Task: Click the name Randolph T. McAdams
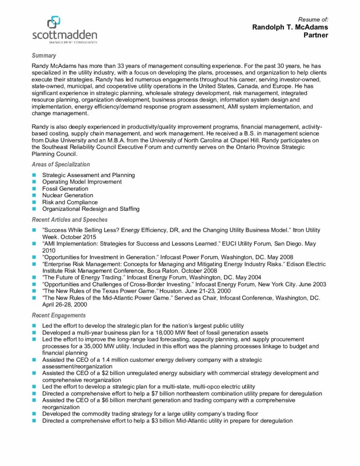tap(290, 27)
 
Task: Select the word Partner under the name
tap(315, 35)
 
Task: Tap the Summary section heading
tap(44, 56)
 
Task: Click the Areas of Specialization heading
tap(61, 164)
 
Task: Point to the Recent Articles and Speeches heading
tap(70, 220)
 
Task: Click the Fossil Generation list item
tap(65, 188)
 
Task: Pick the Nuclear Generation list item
tap(68, 195)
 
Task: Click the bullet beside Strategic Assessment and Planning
tap(34, 175)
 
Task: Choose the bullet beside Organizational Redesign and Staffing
tap(34, 209)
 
